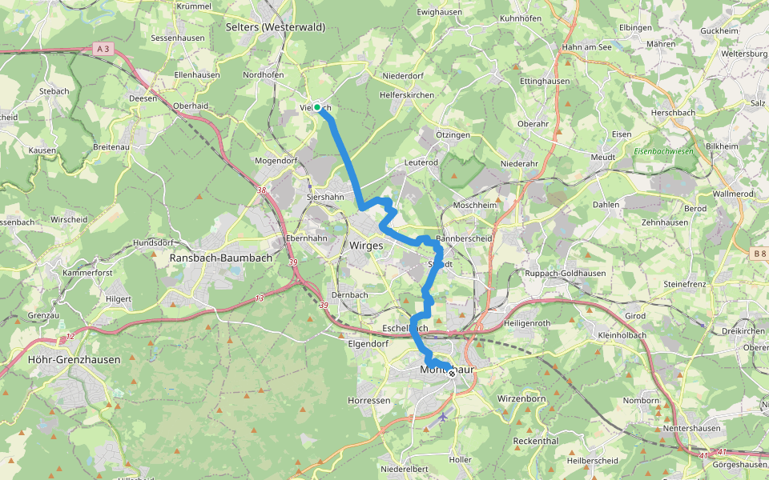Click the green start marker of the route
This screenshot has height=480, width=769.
(317, 107)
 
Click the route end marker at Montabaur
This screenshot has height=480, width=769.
(452, 373)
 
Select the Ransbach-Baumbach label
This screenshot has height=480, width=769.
(221, 258)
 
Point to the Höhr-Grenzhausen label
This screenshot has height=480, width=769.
(74, 360)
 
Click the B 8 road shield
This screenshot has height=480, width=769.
(759, 254)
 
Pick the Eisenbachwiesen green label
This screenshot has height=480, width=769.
(663, 151)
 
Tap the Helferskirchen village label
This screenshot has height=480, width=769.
(408, 95)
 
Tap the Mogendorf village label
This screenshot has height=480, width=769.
(276, 161)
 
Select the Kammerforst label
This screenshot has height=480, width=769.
(87, 273)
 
